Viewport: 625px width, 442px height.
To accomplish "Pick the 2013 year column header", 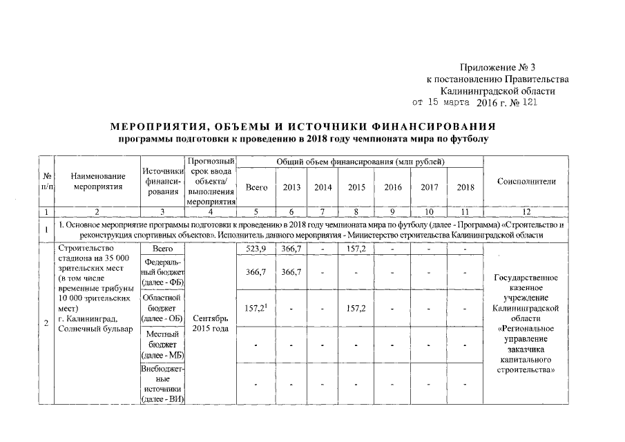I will [x=291, y=187].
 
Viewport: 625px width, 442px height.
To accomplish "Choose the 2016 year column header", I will [x=392, y=187].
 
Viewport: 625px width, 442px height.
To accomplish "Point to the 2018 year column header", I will [x=465, y=187].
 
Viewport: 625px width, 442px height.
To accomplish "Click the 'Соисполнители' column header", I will [x=527, y=181].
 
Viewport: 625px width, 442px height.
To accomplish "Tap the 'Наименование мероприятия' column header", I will [x=97, y=181].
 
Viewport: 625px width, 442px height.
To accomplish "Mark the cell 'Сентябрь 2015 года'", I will [x=211, y=323].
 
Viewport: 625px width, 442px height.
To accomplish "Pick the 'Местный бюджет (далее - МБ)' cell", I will [x=162, y=344].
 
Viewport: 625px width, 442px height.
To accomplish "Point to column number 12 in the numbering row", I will [x=527, y=211].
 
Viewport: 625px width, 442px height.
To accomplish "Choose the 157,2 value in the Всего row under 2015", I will [x=356, y=248].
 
